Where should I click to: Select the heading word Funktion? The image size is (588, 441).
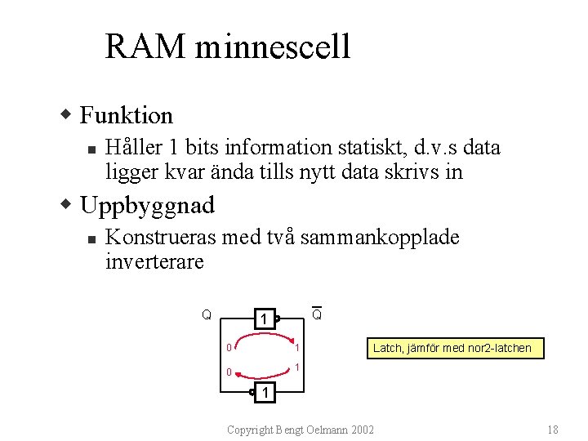pos(126,115)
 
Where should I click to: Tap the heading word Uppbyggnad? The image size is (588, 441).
pos(148,204)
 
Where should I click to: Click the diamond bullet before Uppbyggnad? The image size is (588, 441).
pos(69,204)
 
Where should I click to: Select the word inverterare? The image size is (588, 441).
pos(154,262)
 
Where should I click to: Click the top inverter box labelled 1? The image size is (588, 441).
pos(262,318)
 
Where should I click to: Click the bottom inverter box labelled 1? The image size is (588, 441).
pos(264,394)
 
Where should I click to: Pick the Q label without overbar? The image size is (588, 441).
pos(207,314)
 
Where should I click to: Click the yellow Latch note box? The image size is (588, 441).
pos(452,348)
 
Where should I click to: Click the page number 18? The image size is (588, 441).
pos(552,430)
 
